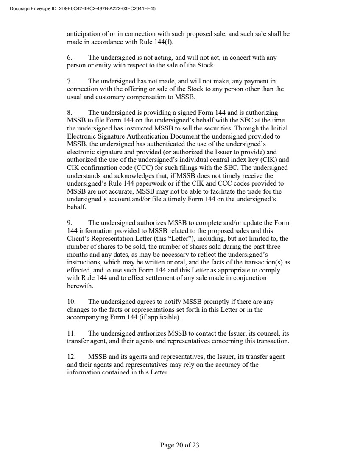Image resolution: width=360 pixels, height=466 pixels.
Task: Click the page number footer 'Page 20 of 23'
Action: point(180,445)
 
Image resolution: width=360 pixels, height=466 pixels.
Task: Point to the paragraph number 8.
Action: point(70,113)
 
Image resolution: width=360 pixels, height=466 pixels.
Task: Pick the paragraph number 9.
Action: point(70,223)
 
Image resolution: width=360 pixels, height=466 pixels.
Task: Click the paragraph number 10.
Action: point(71,302)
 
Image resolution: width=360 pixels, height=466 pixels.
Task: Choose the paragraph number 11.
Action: point(71,333)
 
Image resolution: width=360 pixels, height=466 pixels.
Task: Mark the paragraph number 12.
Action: point(71,357)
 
